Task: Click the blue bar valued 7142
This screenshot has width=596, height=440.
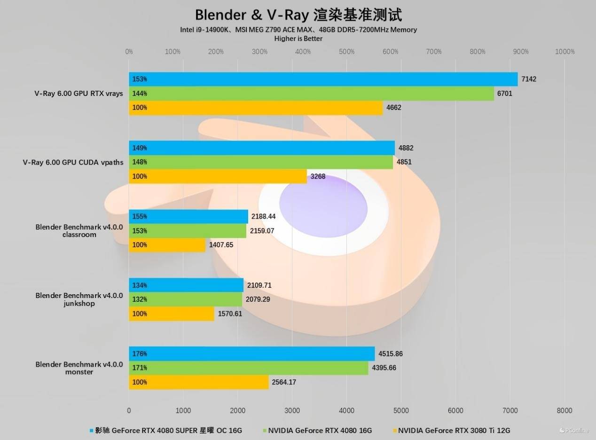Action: click(323, 79)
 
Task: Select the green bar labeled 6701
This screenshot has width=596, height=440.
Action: click(311, 94)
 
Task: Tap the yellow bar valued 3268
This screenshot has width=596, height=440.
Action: click(218, 176)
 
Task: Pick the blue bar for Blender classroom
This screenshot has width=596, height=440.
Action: click(188, 217)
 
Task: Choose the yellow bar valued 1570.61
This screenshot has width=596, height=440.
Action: click(172, 314)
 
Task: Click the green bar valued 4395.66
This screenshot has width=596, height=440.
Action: click(248, 368)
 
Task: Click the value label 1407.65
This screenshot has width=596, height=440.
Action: click(221, 245)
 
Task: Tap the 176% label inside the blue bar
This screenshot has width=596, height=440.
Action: click(140, 354)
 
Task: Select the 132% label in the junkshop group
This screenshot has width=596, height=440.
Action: click(140, 299)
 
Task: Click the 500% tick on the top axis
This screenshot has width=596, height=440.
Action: click(346, 52)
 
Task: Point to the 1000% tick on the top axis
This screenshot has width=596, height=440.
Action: click(565, 52)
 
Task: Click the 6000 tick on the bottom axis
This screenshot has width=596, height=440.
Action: click(455, 410)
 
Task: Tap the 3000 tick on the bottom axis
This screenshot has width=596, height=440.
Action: click(292, 410)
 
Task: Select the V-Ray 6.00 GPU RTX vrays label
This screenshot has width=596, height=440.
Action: click(78, 94)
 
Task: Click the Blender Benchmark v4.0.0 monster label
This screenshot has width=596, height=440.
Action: click(79, 368)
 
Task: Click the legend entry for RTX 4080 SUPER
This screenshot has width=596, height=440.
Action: click(169, 430)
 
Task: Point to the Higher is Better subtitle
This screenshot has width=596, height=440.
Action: click(298, 39)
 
